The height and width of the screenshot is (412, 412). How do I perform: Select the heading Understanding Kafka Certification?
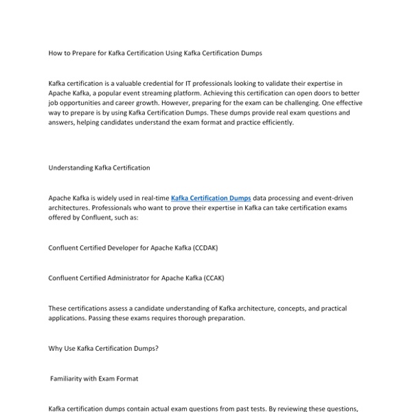tap(99, 168)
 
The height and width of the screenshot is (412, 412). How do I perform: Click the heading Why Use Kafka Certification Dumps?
tap(104, 348)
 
